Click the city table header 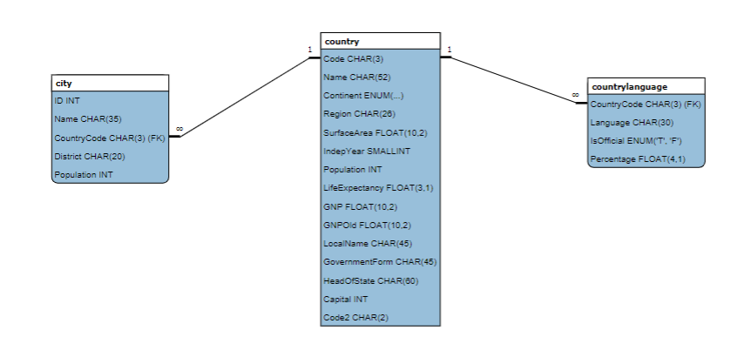(110, 84)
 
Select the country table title (380, 41)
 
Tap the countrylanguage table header (646, 86)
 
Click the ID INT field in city (67, 101)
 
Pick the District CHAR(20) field (90, 157)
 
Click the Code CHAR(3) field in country (353, 59)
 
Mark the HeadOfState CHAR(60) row (370, 280)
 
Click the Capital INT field (345, 299)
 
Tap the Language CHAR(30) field (627, 123)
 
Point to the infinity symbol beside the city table (179, 129)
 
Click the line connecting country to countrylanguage (514, 80)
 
